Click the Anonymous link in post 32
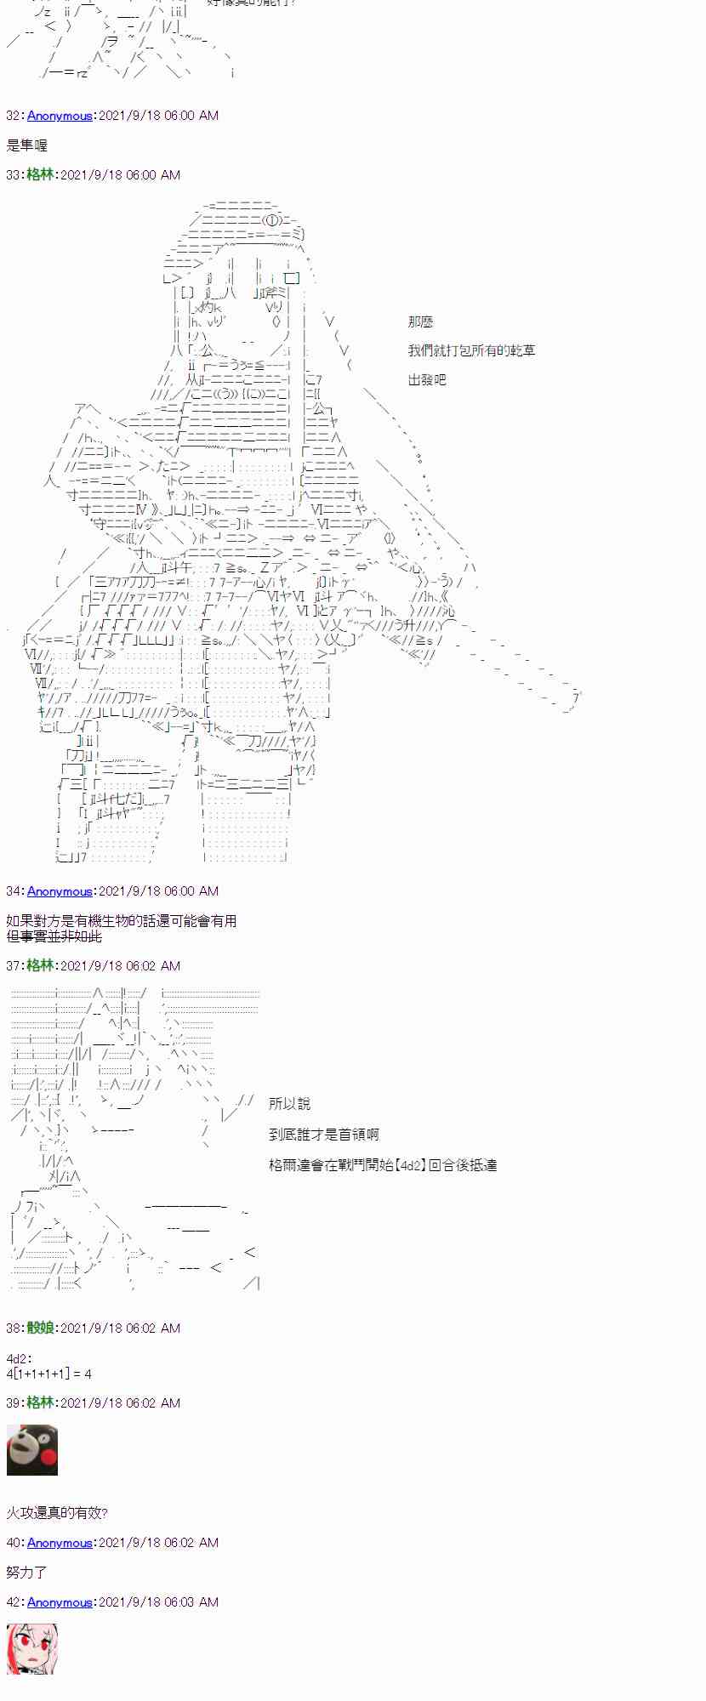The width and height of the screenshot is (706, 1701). click(x=60, y=116)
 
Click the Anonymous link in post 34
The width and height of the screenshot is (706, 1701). click(x=60, y=891)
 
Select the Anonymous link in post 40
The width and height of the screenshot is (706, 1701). click(x=60, y=1543)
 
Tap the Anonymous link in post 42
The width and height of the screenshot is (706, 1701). click(x=60, y=1602)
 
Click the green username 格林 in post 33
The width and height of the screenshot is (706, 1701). click(x=40, y=175)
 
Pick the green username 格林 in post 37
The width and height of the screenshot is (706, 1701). click(x=40, y=966)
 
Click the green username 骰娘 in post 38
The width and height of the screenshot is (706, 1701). click(x=40, y=1328)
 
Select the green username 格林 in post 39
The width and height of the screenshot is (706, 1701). click(x=40, y=1403)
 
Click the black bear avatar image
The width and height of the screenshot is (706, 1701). click(x=32, y=1450)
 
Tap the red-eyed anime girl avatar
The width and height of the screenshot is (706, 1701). click(x=32, y=1649)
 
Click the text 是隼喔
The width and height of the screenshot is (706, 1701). click(x=27, y=145)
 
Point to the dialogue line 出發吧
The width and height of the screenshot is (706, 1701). click(x=427, y=380)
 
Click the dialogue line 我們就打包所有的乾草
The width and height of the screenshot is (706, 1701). click(x=471, y=350)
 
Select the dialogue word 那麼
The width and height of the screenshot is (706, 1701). click(x=420, y=321)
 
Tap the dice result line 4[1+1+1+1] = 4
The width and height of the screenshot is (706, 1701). click(x=48, y=1374)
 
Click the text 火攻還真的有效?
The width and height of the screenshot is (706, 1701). click(x=57, y=1513)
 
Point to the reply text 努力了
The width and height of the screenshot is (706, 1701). click(x=27, y=1573)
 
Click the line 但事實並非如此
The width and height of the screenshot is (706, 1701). click(x=54, y=936)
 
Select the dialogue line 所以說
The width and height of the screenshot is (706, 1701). click(x=289, y=1104)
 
